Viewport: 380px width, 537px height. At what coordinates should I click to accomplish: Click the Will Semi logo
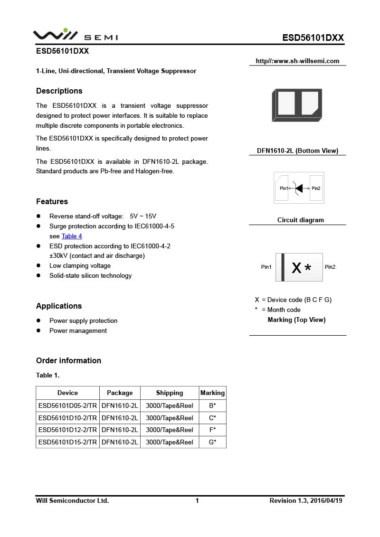(x=75, y=35)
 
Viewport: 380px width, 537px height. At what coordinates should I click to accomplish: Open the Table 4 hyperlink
(x=72, y=236)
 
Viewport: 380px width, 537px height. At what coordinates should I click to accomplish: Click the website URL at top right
(x=297, y=61)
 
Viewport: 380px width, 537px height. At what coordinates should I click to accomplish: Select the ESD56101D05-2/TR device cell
(x=67, y=405)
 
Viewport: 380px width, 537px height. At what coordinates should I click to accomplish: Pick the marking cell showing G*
(x=212, y=442)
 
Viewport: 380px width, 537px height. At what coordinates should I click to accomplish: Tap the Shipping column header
(x=169, y=393)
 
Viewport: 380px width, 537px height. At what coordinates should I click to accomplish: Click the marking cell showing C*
(x=212, y=418)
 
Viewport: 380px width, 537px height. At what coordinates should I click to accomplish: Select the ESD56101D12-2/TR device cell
(x=67, y=430)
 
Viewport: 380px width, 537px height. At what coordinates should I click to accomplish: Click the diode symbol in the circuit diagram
(x=298, y=188)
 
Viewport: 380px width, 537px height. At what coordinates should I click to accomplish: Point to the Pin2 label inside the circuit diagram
(x=316, y=188)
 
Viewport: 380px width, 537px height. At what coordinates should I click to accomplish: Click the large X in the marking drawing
(x=296, y=268)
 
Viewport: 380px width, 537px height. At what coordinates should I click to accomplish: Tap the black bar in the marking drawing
(x=283, y=267)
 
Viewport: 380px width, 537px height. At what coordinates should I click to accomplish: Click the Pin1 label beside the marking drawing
(x=266, y=267)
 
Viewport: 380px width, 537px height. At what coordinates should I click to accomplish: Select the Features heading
(x=52, y=201)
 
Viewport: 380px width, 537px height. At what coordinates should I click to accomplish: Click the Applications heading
(x=59, y=306)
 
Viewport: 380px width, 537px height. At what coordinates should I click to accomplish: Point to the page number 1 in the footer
(x=197, y=500)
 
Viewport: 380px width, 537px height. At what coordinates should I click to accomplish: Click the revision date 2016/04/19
(x=326, y=500)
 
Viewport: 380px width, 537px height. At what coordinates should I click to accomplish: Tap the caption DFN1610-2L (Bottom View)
(x=297, y=151)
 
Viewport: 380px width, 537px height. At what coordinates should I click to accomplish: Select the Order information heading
(x=68, y=360)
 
